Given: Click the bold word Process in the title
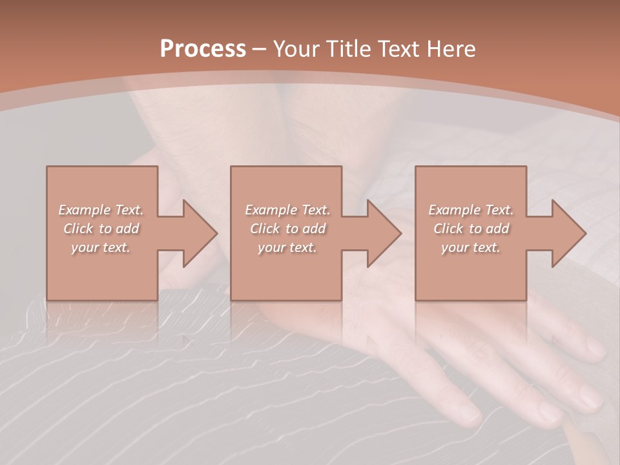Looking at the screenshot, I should coord(203,49).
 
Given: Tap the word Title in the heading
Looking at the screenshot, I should coord(348,49).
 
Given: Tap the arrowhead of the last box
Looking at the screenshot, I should coord(568,233).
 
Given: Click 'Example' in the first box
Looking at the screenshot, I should coord(84,210).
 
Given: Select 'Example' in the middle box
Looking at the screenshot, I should coord(271,210).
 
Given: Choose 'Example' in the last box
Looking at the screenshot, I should coord(454,210).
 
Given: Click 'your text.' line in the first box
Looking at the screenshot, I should coord(101,247).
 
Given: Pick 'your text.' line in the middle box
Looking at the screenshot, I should coord(287,247).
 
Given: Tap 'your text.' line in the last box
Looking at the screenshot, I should coord(471,247).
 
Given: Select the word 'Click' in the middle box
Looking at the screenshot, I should coord(265,229).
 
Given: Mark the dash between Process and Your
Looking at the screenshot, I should coord(260,49).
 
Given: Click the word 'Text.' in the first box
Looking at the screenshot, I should coord(129,210).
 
